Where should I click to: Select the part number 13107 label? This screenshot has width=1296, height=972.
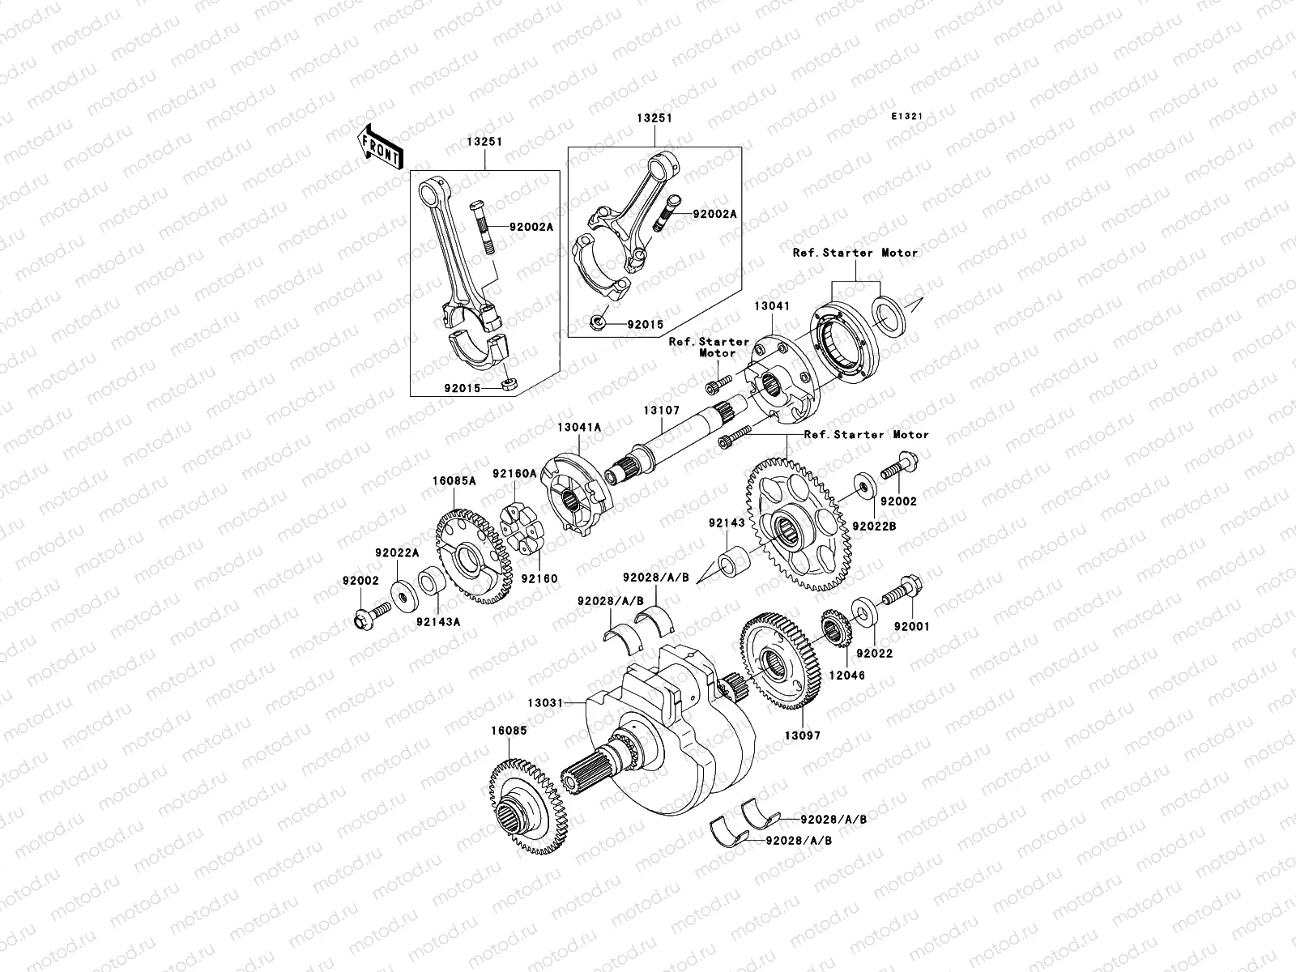pos(662,411)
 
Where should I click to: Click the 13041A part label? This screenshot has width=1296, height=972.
pos(578,426)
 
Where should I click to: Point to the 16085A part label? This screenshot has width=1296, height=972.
pos(453,480)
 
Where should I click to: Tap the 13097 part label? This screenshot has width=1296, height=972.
pos(803,735)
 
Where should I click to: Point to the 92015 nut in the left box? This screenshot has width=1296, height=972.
pos(510,382)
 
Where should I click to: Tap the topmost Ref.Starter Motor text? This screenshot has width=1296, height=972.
pos(855,253)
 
